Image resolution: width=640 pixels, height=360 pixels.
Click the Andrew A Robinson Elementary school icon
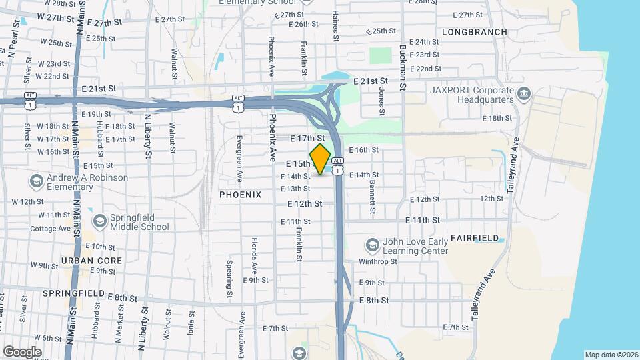click(x=36, y=181)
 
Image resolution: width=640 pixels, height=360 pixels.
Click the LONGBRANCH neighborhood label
click(x=474, y=32)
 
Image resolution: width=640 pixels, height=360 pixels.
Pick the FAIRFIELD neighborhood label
click(x=474, y=237)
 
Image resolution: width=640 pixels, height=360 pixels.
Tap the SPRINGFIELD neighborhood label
click(x=75, y=293)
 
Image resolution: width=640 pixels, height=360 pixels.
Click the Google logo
click(x=21, y=351)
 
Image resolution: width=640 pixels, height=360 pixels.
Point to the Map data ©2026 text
click(x=611, y=355)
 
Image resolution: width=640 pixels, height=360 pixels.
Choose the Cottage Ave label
click(x=51, y=229)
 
